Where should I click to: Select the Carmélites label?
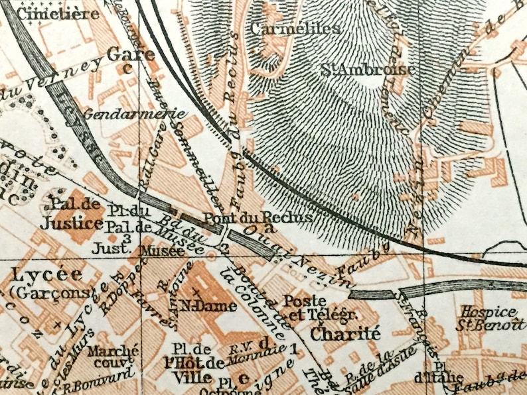295,28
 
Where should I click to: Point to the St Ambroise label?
369,70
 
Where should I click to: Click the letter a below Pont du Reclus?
268,230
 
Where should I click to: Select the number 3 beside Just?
125,239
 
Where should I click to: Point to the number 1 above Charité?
292,345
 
